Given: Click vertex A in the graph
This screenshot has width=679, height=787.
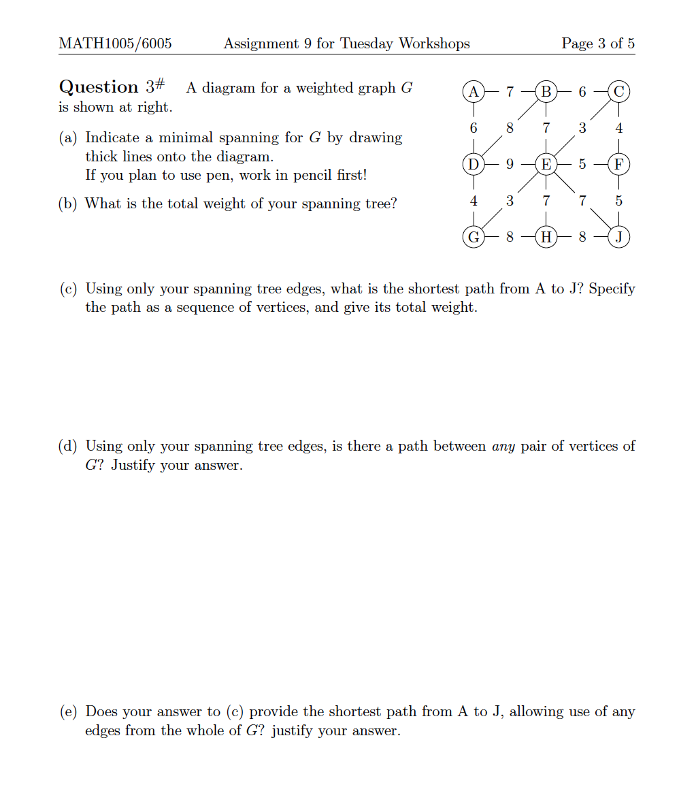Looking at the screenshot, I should [x=474, y=91].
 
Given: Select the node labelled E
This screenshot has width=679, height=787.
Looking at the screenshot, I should [x=546, y=164].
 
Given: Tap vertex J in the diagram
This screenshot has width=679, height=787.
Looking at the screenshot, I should [x=618, y=238].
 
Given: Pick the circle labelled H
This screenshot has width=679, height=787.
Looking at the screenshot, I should [x=546, y=238].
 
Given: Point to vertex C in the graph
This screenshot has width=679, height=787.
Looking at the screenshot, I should [x=618, y=91].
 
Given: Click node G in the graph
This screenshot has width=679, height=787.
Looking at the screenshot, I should [x=474, y=238].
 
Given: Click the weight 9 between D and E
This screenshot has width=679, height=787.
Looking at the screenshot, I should [x=510, y=164].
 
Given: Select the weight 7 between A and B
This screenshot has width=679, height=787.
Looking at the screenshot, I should [x=510, y=91].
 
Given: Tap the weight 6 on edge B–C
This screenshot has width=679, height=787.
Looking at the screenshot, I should [x=582, y=91].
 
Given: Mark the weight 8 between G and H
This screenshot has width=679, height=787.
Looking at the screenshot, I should [x=510, y=238].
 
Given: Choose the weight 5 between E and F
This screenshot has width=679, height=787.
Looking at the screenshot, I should [x=582, y=164].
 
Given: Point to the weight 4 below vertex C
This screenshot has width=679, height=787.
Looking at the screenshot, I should [x=618, y=128].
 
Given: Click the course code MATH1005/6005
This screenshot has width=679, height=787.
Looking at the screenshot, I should [x=115, y=44].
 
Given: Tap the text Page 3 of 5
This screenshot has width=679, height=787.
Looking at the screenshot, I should [x=598, y=44].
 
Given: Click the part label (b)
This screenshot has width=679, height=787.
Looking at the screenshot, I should [x=67, y=204].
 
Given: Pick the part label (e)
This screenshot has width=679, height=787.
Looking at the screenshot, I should [x=67, y=712].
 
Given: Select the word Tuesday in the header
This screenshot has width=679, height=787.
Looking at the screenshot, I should [x=367, y=44].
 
